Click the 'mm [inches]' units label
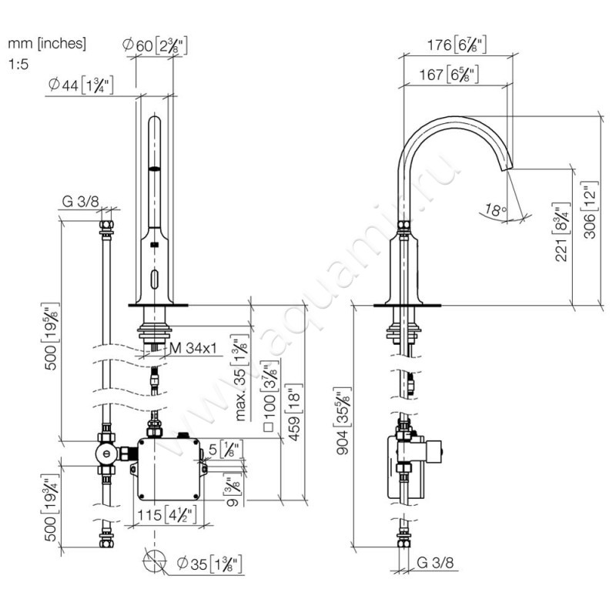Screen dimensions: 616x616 point(47,44)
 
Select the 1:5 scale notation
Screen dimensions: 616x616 point(18,65)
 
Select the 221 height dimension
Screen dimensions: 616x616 point(561,231)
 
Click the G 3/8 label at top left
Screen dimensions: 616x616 point(80,202)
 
